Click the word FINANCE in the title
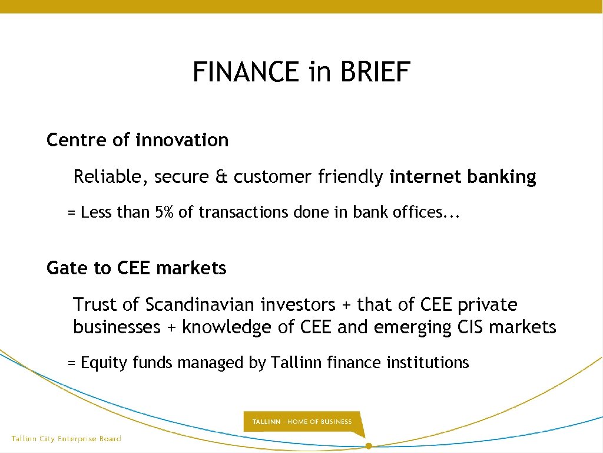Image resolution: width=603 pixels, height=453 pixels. point(246,73)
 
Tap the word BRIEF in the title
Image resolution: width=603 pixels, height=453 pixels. point(375,73)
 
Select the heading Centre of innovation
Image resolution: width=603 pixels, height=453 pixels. point(137,140)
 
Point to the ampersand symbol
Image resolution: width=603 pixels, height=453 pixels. point(221,177)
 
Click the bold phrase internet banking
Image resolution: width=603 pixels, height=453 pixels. point(463,177)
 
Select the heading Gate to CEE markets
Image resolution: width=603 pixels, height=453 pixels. point(136,268)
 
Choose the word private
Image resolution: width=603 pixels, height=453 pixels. point(488,305)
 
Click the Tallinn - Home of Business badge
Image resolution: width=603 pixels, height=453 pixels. point(302,422)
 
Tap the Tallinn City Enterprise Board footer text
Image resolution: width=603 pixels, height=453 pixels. point(66,439)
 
